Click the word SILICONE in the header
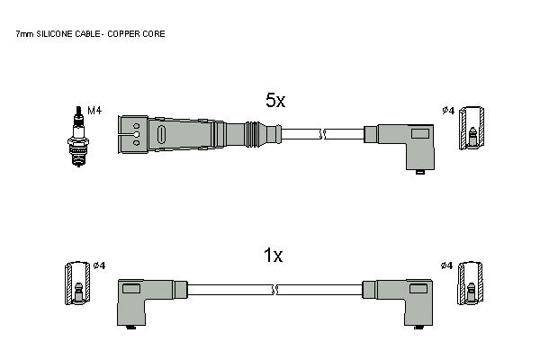[55, 34]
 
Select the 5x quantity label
[275, 100]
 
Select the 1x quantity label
[273, 256]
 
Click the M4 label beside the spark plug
[94, 111]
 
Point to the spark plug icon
[78, 137]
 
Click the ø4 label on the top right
[448, 111]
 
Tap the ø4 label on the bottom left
[99, 265]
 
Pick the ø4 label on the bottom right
[446, 265]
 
